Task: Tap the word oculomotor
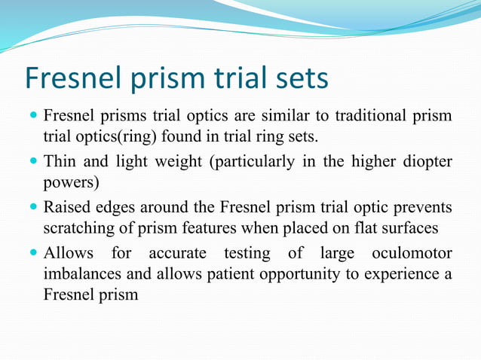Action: [414, 252]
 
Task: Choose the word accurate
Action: [183, 252]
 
